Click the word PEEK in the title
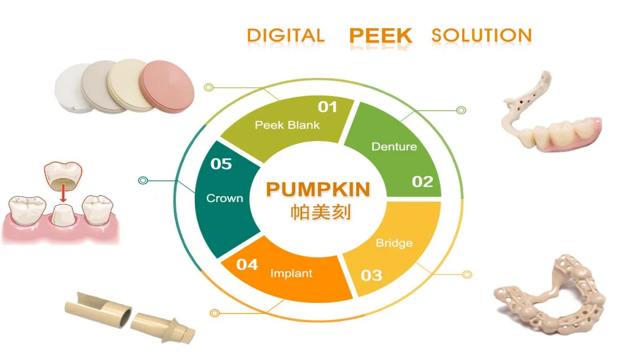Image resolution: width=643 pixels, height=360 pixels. [x=380, y=36]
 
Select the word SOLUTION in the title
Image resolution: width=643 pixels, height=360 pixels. [x=481, y=35]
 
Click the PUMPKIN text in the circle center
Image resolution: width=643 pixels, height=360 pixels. [x=318, y=189]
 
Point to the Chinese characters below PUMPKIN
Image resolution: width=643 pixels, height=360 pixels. [x=320, y=212]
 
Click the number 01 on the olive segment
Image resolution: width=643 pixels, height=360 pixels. [x=327, y=107]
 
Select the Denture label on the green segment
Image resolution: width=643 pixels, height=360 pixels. [x=394, y=147]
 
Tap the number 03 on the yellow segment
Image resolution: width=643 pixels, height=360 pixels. [x=371, y=275]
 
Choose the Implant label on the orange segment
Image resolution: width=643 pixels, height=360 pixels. [x=291, y=274]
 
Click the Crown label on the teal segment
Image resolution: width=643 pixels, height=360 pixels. [x=225, y=198]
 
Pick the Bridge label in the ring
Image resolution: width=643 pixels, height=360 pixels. [x=394, y=243]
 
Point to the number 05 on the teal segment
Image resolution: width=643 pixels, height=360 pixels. [x=221, y=164]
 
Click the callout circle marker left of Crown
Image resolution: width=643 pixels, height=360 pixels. [x=143, y=180]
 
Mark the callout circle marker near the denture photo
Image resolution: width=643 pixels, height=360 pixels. [x=461, y=110]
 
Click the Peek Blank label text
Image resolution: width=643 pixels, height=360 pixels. [x=287, y=125]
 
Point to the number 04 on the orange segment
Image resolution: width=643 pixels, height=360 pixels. [x=247, y=264]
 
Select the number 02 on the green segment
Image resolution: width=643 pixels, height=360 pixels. [x=422, y=182]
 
